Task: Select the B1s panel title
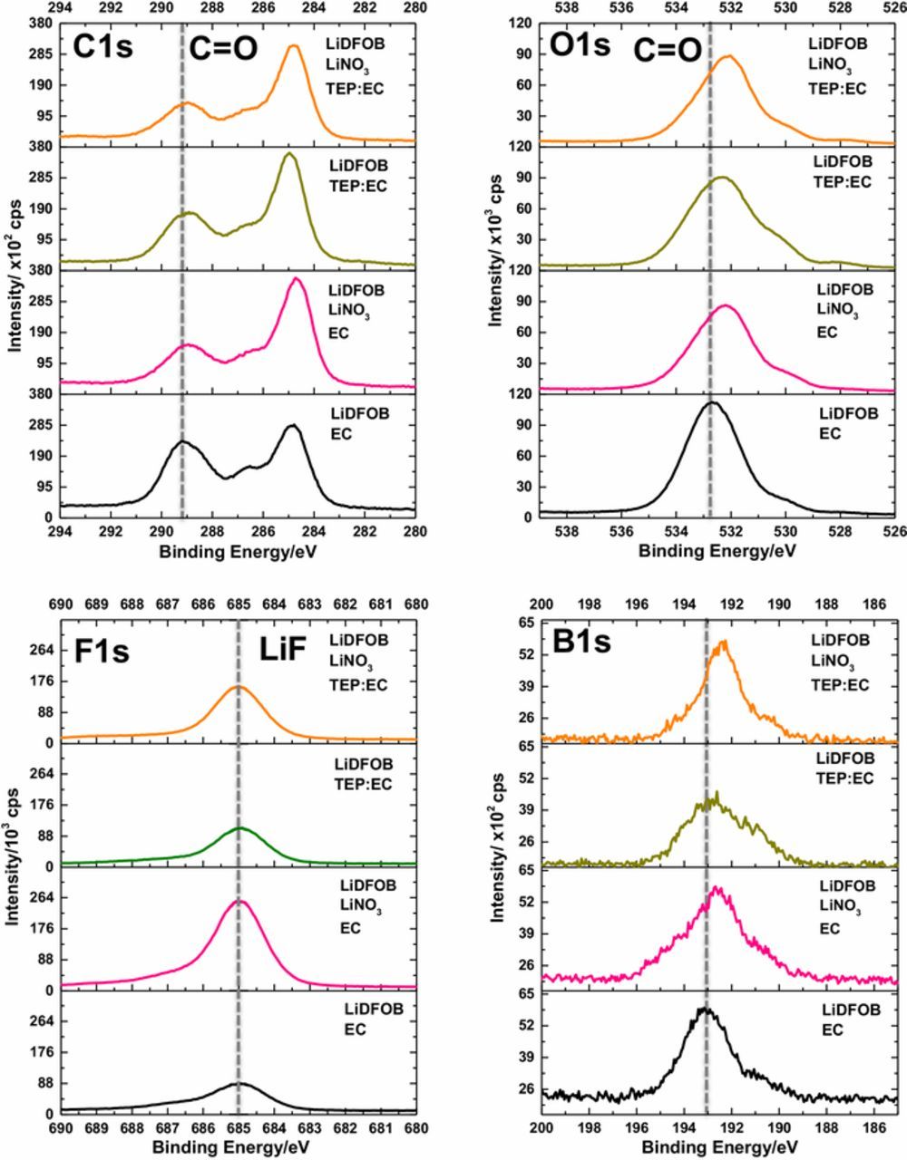click(581, 643)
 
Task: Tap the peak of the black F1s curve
click(239, 1083)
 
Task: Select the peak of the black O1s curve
click(713, 402)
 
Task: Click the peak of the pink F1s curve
click(241, 901)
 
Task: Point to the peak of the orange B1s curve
click(723, 643)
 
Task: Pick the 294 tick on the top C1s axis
click(60, 8)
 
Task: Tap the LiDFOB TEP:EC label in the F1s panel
click(364, 774)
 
